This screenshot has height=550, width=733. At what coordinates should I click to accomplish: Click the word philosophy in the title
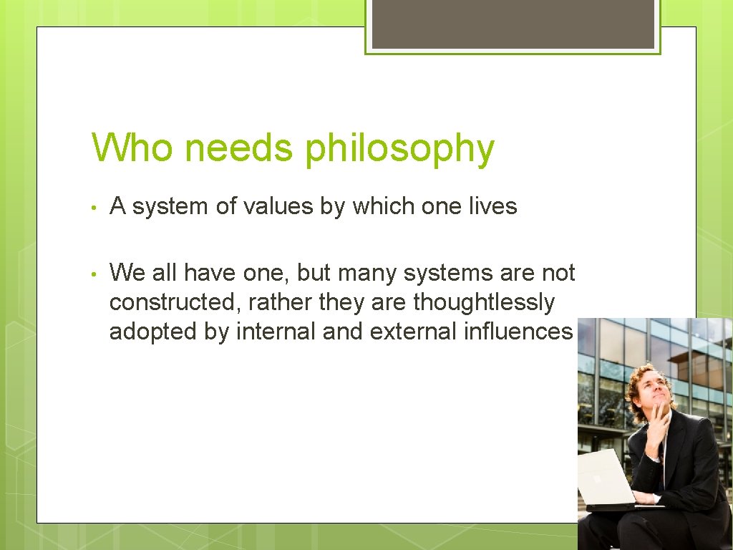pyautogui.click(x=399, y=150)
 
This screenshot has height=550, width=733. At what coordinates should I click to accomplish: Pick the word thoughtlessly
pyautogui.click(x=483, y=302)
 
